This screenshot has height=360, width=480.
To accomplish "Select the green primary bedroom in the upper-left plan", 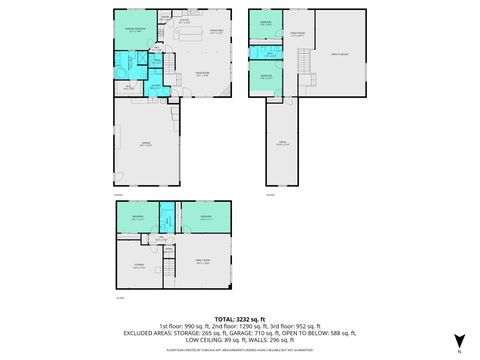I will click(x=134, y=31).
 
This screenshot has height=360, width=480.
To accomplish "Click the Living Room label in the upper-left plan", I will click(x=200, y=75).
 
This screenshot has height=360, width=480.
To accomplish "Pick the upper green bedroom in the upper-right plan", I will click(x=264, y=24).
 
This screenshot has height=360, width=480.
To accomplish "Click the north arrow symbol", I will click(x=459, y=341).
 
